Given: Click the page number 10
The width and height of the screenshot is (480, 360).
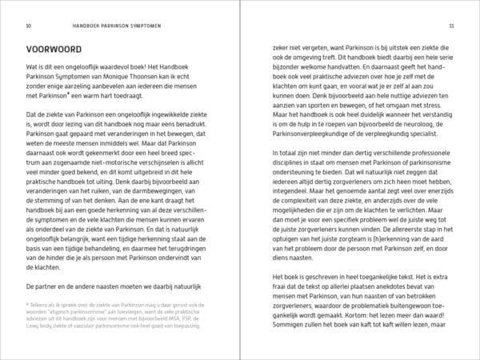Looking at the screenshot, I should click(x=28, y=26).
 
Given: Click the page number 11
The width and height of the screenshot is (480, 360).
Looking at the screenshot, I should click(x=451, y=26).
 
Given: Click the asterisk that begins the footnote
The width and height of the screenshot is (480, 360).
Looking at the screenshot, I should click(x=28, y=305).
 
